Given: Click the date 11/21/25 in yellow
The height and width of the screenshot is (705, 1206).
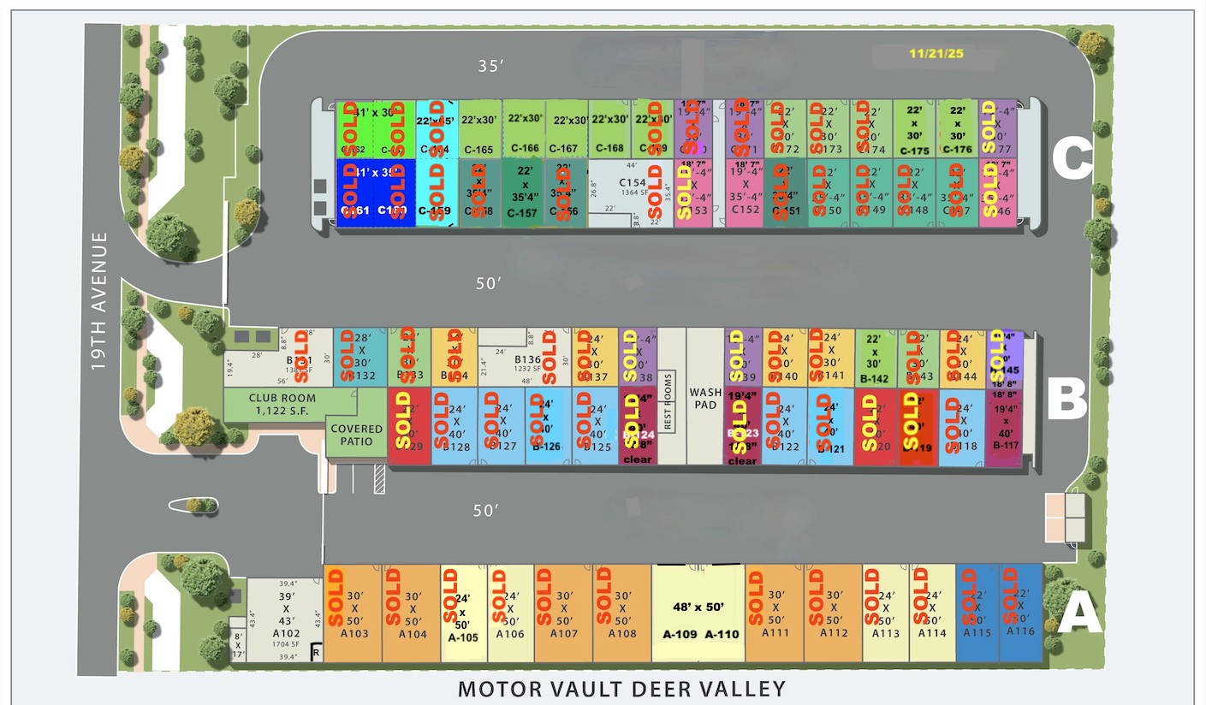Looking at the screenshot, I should point(936,53).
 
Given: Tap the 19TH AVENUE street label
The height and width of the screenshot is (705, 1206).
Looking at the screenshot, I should point(101,301).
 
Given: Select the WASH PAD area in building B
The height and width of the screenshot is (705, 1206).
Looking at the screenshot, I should point(706,399).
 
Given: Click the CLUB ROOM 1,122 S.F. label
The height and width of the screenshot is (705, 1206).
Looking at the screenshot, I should point(282,405).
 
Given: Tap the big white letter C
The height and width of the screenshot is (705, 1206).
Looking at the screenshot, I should point(1072,160).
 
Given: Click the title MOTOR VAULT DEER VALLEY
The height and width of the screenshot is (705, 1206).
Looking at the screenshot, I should point(621,688).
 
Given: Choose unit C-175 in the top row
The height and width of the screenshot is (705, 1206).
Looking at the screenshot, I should point(914,129).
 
